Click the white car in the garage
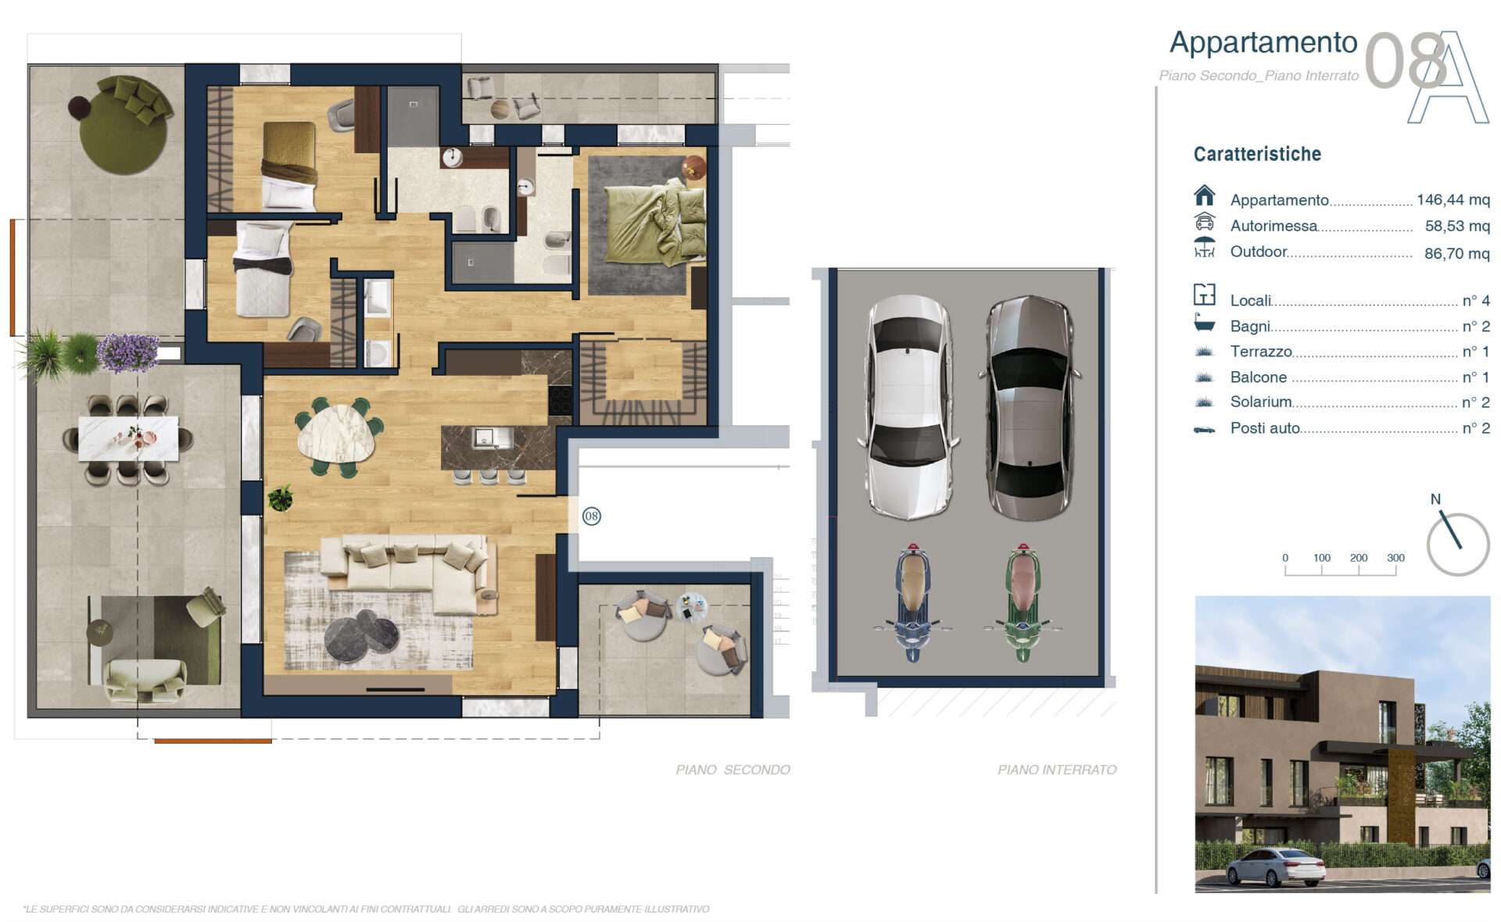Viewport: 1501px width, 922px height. tap(908, 406)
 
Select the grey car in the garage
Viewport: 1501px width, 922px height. tap(1030, 407)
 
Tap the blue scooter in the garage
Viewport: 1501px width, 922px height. tap(912, 602)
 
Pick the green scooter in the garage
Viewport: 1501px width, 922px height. tap(1023, 602)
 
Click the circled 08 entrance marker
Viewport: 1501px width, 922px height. tap(592, 516)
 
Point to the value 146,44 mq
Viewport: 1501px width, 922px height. tap(1453, 200)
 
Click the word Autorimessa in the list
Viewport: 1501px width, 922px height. tap(1274, 226)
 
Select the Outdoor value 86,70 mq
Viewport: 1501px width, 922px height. tap(1457, 253)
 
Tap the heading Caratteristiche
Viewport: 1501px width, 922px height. tap(1257, 154)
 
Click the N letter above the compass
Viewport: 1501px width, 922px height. tap(1435, 499)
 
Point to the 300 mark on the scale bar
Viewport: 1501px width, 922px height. tap(1395, 558)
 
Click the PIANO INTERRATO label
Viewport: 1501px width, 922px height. tap(1057, 770)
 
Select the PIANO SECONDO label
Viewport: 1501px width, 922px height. tap(733, 770)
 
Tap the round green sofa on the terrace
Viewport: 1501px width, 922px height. tap(125, 123)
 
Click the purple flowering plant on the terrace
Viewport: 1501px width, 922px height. tap(127, 352)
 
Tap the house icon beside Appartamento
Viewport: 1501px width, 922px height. tap(1205, 195)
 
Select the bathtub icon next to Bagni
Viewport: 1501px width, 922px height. tap(1205, 322)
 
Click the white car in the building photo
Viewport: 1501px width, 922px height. tap(1276, 867)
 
